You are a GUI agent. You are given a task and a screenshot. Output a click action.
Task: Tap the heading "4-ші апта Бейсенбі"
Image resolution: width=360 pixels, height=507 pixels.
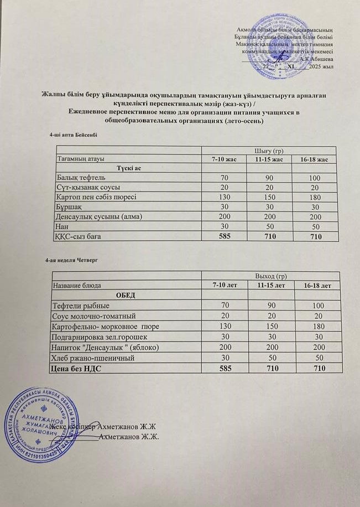point(74,134)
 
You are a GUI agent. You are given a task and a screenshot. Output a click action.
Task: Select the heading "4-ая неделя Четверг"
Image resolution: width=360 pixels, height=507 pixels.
point(72,260)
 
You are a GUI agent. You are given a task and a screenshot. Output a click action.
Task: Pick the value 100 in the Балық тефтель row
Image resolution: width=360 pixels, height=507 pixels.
point(315,178)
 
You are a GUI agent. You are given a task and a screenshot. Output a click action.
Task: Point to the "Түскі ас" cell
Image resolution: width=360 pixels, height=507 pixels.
point(128,168)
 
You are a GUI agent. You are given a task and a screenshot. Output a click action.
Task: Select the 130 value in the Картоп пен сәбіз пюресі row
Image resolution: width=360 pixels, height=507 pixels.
point(223,198)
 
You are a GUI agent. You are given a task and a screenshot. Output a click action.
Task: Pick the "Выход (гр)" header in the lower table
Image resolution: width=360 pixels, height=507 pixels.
point(270,276)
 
